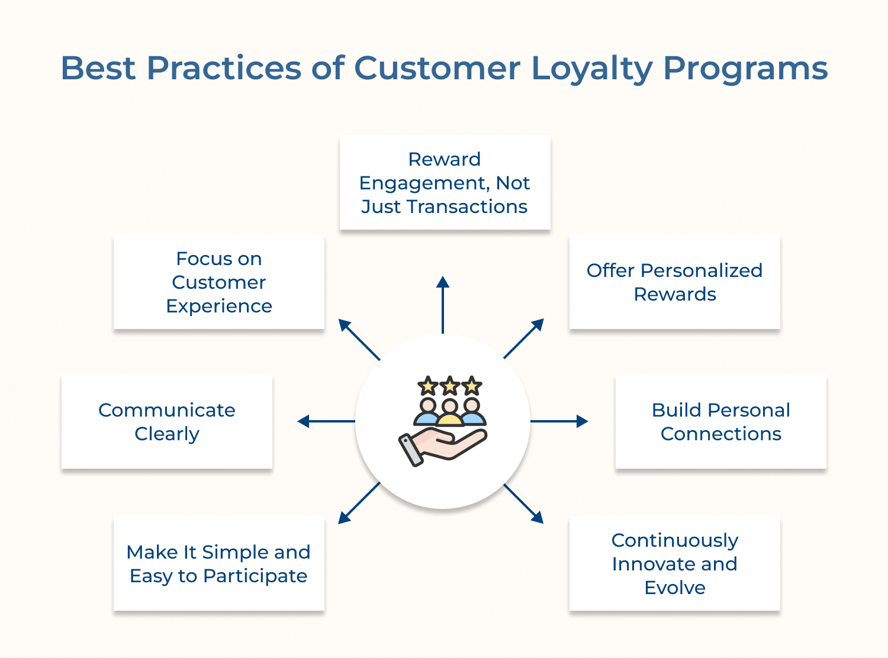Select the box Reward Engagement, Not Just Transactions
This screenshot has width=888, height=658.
point(445,182)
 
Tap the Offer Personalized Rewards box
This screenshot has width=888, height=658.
point(674,282)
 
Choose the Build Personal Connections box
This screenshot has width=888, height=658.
point(720,421)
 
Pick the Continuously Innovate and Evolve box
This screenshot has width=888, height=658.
point(674,563)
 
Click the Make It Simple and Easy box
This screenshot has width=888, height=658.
point(218,563)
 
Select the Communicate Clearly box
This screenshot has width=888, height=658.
point(166,421)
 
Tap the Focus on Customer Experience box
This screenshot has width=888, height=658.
point(218,282)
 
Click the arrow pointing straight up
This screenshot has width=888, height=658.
point(443,304)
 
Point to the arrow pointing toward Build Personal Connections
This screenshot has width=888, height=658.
point(559,421)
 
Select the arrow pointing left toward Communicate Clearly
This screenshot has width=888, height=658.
point(326,421)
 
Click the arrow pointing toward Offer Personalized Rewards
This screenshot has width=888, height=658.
point(523,338)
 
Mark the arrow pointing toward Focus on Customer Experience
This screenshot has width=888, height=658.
point(359,340)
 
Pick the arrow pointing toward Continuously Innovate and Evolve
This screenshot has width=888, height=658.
point(523,504)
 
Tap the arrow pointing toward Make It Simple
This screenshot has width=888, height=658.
point(359,503)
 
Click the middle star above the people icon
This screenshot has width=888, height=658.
point(450,386)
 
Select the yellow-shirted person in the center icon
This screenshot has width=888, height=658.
point(450,414)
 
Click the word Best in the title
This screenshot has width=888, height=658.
point(98,69)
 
